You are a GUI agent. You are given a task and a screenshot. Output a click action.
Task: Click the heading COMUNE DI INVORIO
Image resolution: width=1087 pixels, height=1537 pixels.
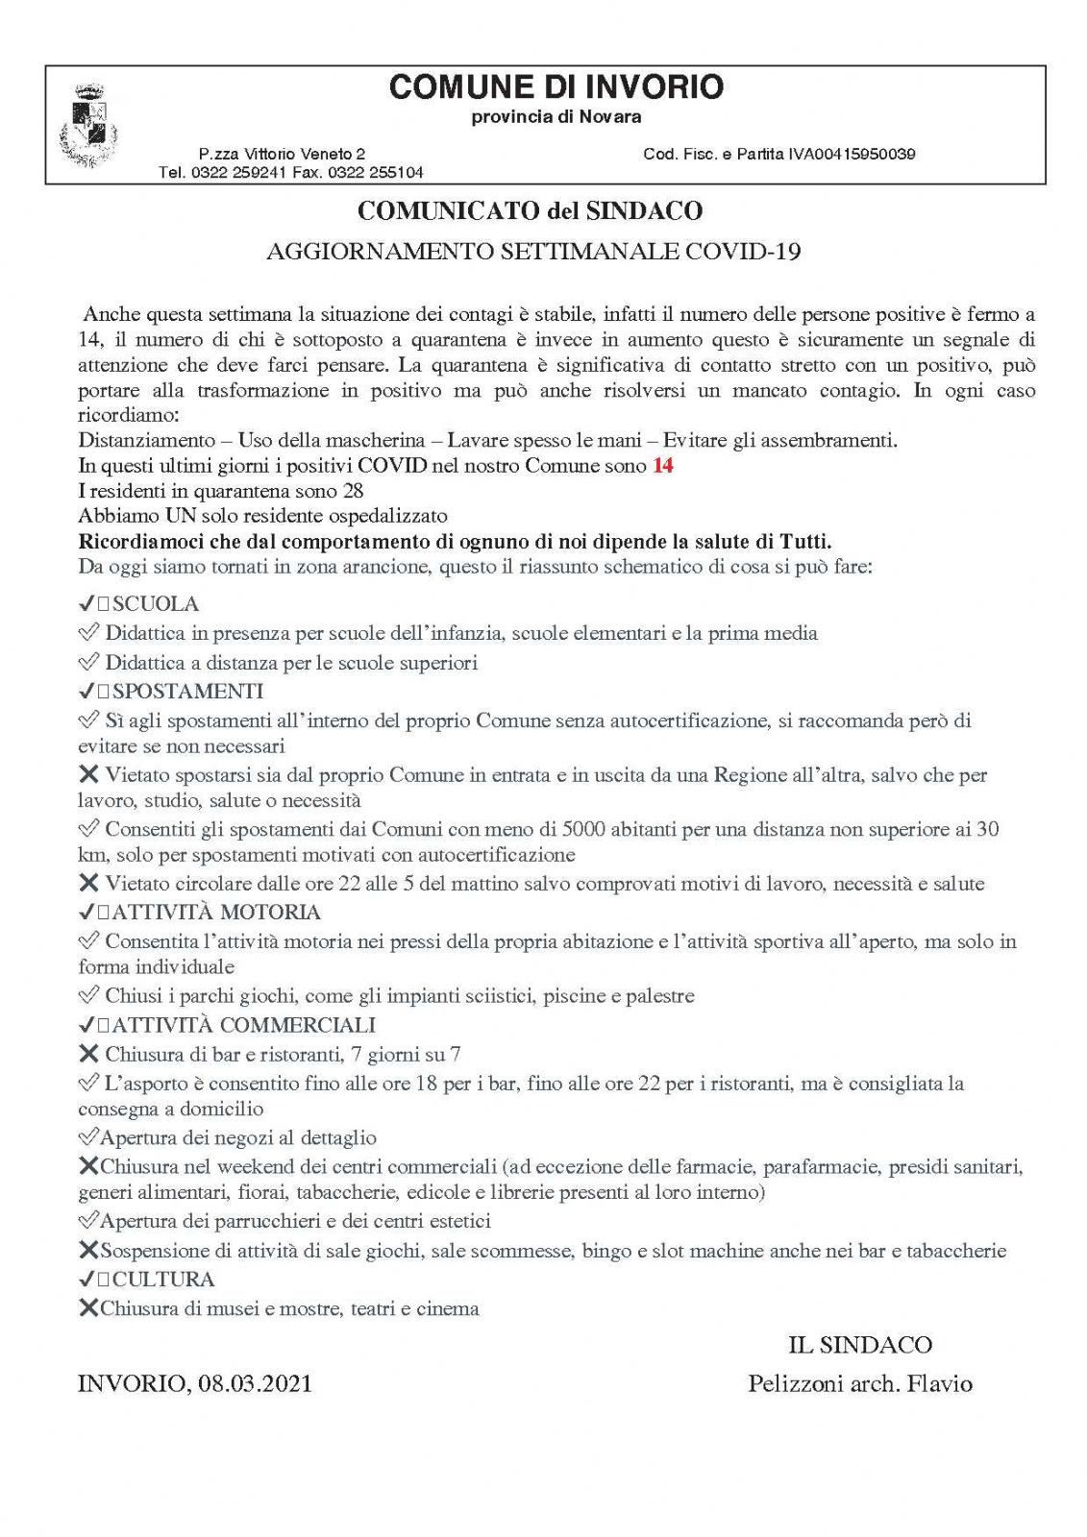(x=556, y=87)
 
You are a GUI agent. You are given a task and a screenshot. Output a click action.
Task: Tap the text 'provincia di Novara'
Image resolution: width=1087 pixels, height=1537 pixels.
(x=556, y=117)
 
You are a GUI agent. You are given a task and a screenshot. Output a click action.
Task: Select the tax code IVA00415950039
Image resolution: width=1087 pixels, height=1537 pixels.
(x=852, y=154)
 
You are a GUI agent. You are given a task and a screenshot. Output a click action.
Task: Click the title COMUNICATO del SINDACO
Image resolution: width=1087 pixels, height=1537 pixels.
(x=530, y=210)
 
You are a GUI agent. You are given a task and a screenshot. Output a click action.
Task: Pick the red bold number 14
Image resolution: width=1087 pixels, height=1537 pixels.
(x=662, y=466)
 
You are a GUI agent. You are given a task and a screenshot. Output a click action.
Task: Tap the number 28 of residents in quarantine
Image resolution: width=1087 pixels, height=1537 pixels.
(x=353, y=491)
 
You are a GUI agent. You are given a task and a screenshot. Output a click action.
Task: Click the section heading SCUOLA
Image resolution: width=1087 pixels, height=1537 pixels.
(x=156, y=604)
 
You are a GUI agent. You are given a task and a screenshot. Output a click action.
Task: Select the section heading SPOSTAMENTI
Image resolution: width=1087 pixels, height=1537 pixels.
(x=187, y=692)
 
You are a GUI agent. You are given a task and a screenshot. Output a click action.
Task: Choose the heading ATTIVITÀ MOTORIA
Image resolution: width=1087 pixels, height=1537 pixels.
(x=216, y=913)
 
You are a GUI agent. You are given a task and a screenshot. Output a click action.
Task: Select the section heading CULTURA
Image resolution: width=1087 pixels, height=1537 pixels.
(x=163, y=1280)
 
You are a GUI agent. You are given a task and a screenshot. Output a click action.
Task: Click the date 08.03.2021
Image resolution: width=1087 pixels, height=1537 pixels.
(x=255, y=1384)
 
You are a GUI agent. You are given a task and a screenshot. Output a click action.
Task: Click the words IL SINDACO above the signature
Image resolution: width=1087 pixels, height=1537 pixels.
(x=860, y=1345)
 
